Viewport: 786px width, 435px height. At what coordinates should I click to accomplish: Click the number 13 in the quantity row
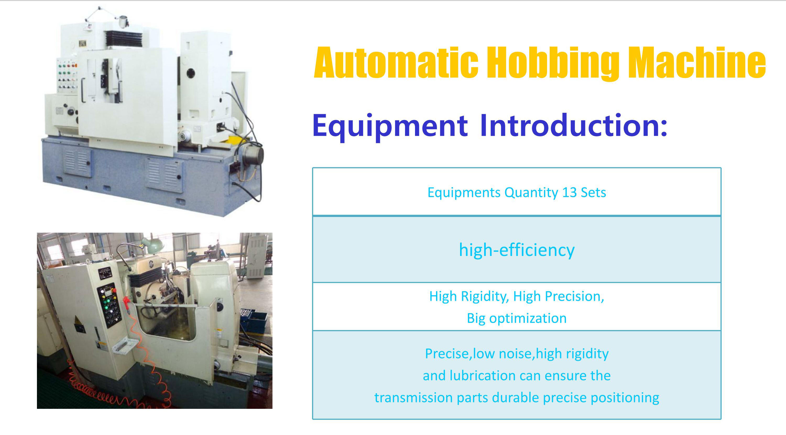click(x=569, y=192)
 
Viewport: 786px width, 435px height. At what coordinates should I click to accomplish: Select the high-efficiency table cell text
click(x=517, y=250)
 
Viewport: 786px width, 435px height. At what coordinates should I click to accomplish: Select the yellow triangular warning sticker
click(x=77, y=320)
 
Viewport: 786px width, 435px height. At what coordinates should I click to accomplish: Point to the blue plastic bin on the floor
click(x=256, y=322)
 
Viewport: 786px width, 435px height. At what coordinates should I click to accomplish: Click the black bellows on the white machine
click(x=124, y=39)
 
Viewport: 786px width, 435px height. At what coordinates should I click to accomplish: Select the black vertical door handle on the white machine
click(x=83, y=90)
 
